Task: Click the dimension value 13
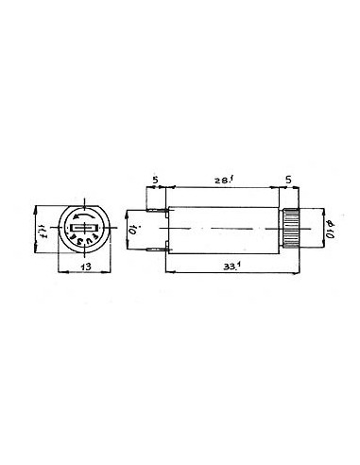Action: (x=85, y=267)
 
